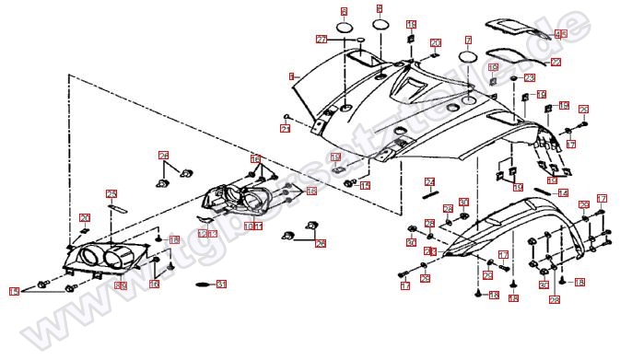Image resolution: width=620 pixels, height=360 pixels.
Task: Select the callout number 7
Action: point(467,41)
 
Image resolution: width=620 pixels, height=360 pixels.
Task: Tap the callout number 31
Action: point(220,285)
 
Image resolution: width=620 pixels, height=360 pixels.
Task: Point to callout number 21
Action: point(285,129)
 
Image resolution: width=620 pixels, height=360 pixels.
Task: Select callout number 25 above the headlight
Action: point(111,193)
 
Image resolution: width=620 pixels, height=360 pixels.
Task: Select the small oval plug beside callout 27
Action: point(361,41)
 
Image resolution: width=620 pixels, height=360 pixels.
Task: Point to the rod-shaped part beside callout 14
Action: point(541,193)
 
